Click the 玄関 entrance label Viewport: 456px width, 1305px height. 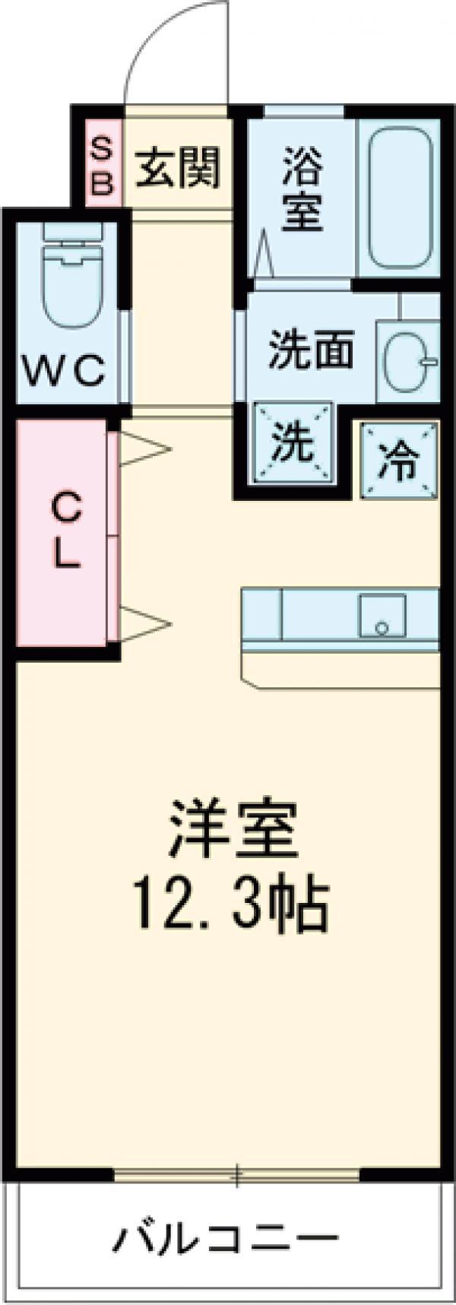pos(178,167)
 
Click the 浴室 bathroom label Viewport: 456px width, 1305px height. pos(303,189)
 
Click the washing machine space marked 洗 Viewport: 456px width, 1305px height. pos(293,442)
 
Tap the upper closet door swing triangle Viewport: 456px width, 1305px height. pos(142,449)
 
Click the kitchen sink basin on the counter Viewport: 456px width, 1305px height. pos(382,615)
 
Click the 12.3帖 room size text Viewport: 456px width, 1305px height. pos(230,906)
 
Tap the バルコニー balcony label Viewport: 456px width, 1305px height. pos(226,1242)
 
